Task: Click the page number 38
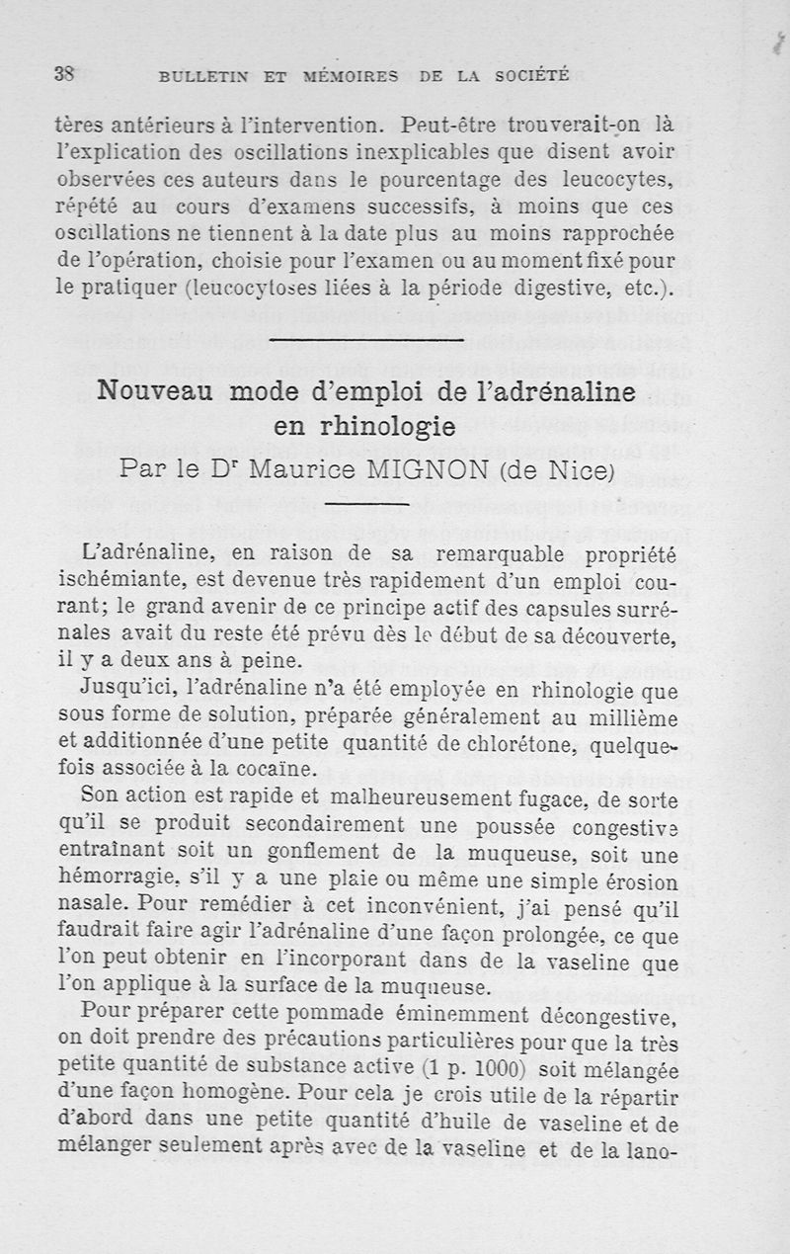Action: [x=66, y=73]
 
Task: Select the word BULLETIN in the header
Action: [x=200, y=75]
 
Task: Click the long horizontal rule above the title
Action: [x=365, y=340]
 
